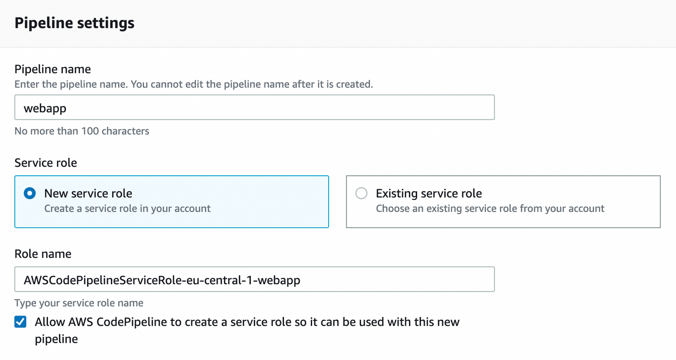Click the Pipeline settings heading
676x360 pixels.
[74, 23]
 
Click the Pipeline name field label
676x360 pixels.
[52, 69]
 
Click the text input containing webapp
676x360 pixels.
[254, 107]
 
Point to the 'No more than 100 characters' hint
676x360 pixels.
[82, 131]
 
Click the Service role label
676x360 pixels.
[46, 163]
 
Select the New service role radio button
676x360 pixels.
[30, 193]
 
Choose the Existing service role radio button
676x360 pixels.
[361, 193]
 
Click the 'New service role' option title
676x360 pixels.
[88, 193]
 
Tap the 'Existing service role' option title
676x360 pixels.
[429, 193]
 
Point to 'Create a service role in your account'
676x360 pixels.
[127, 208]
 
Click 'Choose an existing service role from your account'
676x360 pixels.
[490, 208]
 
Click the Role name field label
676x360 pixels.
[43, 254]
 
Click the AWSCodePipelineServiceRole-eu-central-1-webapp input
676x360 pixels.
[254, 280]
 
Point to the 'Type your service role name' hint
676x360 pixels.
[79, 303]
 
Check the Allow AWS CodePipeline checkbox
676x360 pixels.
[20, 322]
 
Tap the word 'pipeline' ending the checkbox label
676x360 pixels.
[56, 339]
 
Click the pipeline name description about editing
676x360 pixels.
[193, 84]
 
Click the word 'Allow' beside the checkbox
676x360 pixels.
[50, 322]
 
